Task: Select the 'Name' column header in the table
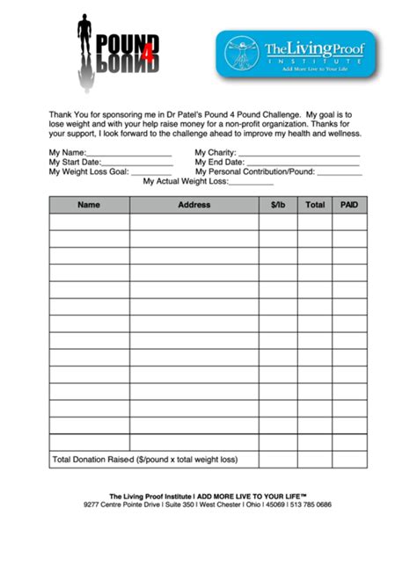(x=89, y=205)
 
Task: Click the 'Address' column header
(x=194, y=205)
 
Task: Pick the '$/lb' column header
(x=277, y=205)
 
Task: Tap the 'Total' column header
(x=314, y=205)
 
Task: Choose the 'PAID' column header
(x=348, y=205)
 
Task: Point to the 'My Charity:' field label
(x=216, y=152)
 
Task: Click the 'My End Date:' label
(x=219, y=162)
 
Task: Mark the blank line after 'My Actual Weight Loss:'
(x=252, y=183)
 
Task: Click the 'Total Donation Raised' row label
(x=92, y=459)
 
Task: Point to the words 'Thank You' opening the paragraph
(x=66, y=115)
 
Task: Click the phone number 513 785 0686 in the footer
(x=313, y=505)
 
